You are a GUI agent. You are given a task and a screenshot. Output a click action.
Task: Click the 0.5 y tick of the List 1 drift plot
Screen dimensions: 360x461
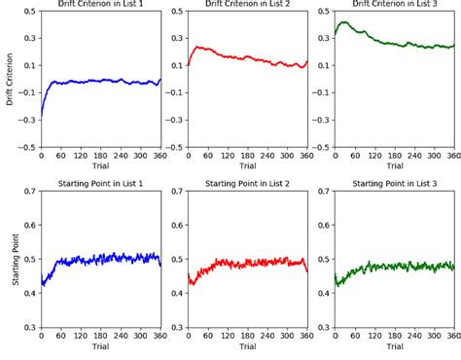[x=29, y=12]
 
